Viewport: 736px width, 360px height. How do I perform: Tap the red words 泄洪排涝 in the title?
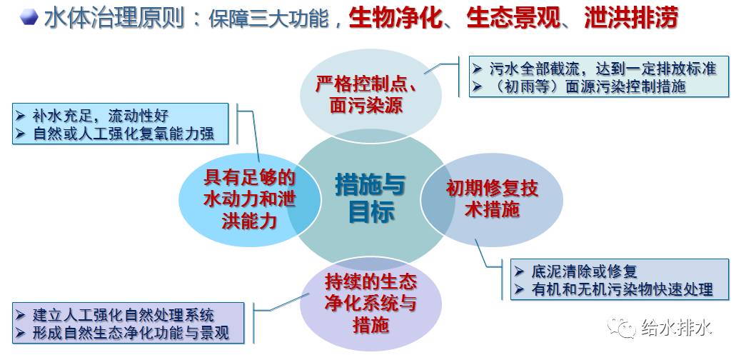630,18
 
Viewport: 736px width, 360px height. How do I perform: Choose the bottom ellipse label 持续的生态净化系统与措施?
370,303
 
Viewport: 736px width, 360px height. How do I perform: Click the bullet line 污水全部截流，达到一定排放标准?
602,69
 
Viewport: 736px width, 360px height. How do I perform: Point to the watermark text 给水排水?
676,329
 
